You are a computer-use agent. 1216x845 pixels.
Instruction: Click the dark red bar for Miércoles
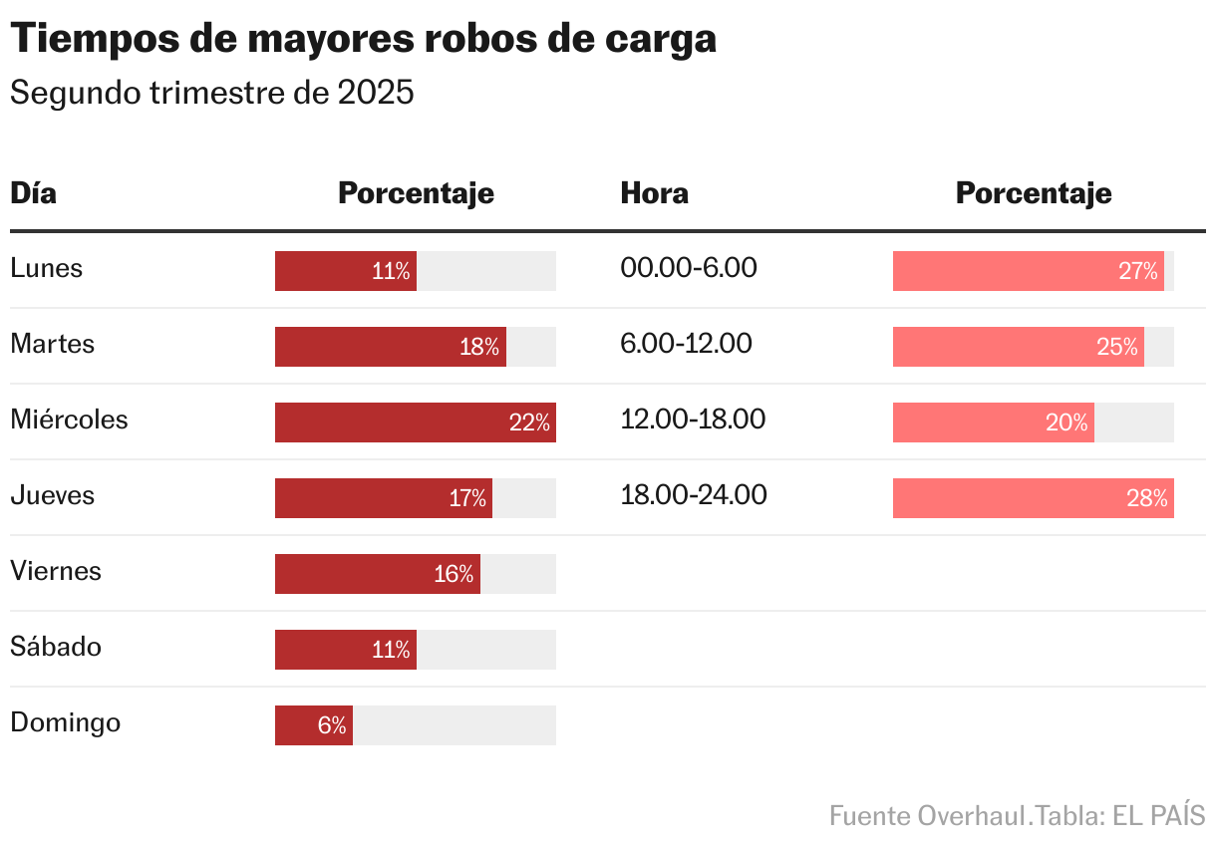[x=415, y=422]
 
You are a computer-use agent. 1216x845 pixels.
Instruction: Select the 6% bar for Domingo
[x=313, y=725]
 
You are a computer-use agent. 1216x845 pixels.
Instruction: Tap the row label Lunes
[x=46, y=268]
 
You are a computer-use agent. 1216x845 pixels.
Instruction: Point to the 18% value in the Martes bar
[x=479, y=347]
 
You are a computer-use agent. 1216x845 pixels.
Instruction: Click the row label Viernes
[x=56, y=571]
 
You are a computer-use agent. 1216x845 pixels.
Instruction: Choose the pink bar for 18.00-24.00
[x=1033, y=498]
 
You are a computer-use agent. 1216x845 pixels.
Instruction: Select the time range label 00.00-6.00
[x=688, y=268]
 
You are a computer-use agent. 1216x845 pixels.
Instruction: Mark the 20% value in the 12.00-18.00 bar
[x=1066, y=422]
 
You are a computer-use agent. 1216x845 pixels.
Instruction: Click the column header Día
[x=33, y=192]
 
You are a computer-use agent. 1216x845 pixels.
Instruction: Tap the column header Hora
[x=654, y=192]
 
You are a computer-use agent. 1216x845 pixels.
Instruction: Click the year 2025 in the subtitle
[x=375, y=93]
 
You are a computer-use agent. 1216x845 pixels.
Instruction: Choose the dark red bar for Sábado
[x=345, y=650]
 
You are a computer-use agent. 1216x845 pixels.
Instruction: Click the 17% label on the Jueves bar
[x=466, y=498]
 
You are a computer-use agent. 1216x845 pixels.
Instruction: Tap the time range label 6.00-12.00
[x=686, y=344]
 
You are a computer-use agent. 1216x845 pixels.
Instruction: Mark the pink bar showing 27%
[x=1028, y=271]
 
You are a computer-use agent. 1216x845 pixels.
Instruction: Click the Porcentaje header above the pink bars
[x=1033, y=192]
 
